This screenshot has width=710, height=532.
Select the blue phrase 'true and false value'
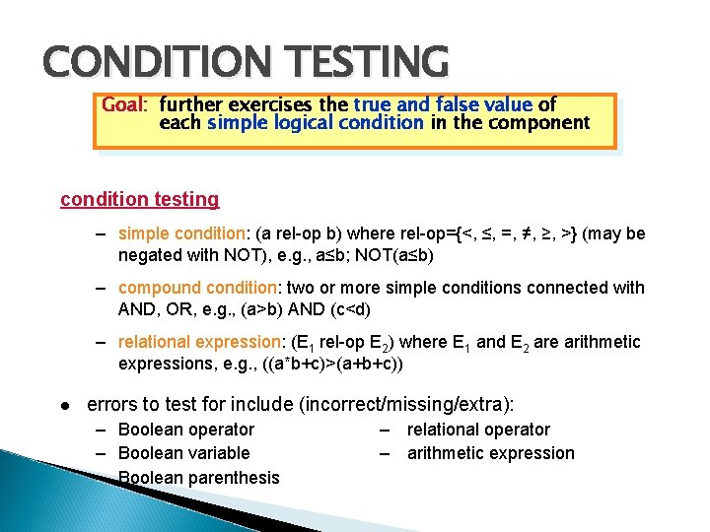[443, 104]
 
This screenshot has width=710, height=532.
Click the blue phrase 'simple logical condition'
[316, 123]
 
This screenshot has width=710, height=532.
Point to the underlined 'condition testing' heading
[140, 199]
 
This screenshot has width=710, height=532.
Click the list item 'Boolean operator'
[185, 430]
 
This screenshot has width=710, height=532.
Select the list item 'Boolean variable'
[183, 453]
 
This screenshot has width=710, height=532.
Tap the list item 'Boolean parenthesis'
[198, 478]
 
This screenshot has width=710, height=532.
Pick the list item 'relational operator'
[478, 430]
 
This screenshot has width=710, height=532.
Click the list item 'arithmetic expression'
[490, 453]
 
